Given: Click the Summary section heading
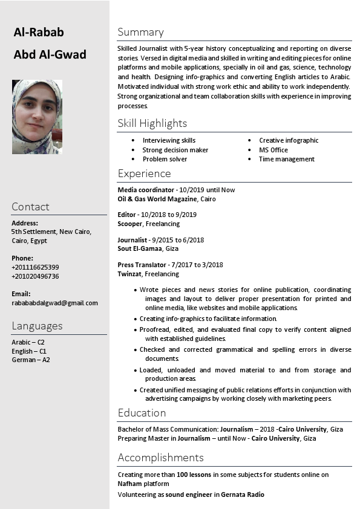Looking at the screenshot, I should (140, 32).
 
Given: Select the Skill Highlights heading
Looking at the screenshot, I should (152, 123).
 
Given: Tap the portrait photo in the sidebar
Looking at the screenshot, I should (37, 117).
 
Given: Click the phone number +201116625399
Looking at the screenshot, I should (35, 267).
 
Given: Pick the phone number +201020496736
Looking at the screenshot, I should (35, 276).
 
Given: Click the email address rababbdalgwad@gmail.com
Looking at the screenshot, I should (54, 303).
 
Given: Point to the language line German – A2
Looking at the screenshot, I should (31, 360).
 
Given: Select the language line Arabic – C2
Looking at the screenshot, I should (28, 342).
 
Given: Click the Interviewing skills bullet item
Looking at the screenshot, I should (169, 140).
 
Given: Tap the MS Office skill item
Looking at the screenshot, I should (273, 150).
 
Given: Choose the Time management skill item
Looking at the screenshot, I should (286, 159).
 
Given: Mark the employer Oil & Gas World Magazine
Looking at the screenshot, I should (157, 199).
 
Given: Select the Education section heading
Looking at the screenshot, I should (142, 413).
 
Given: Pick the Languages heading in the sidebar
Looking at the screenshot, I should (37, 326).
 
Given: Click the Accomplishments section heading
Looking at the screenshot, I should (160, 458).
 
